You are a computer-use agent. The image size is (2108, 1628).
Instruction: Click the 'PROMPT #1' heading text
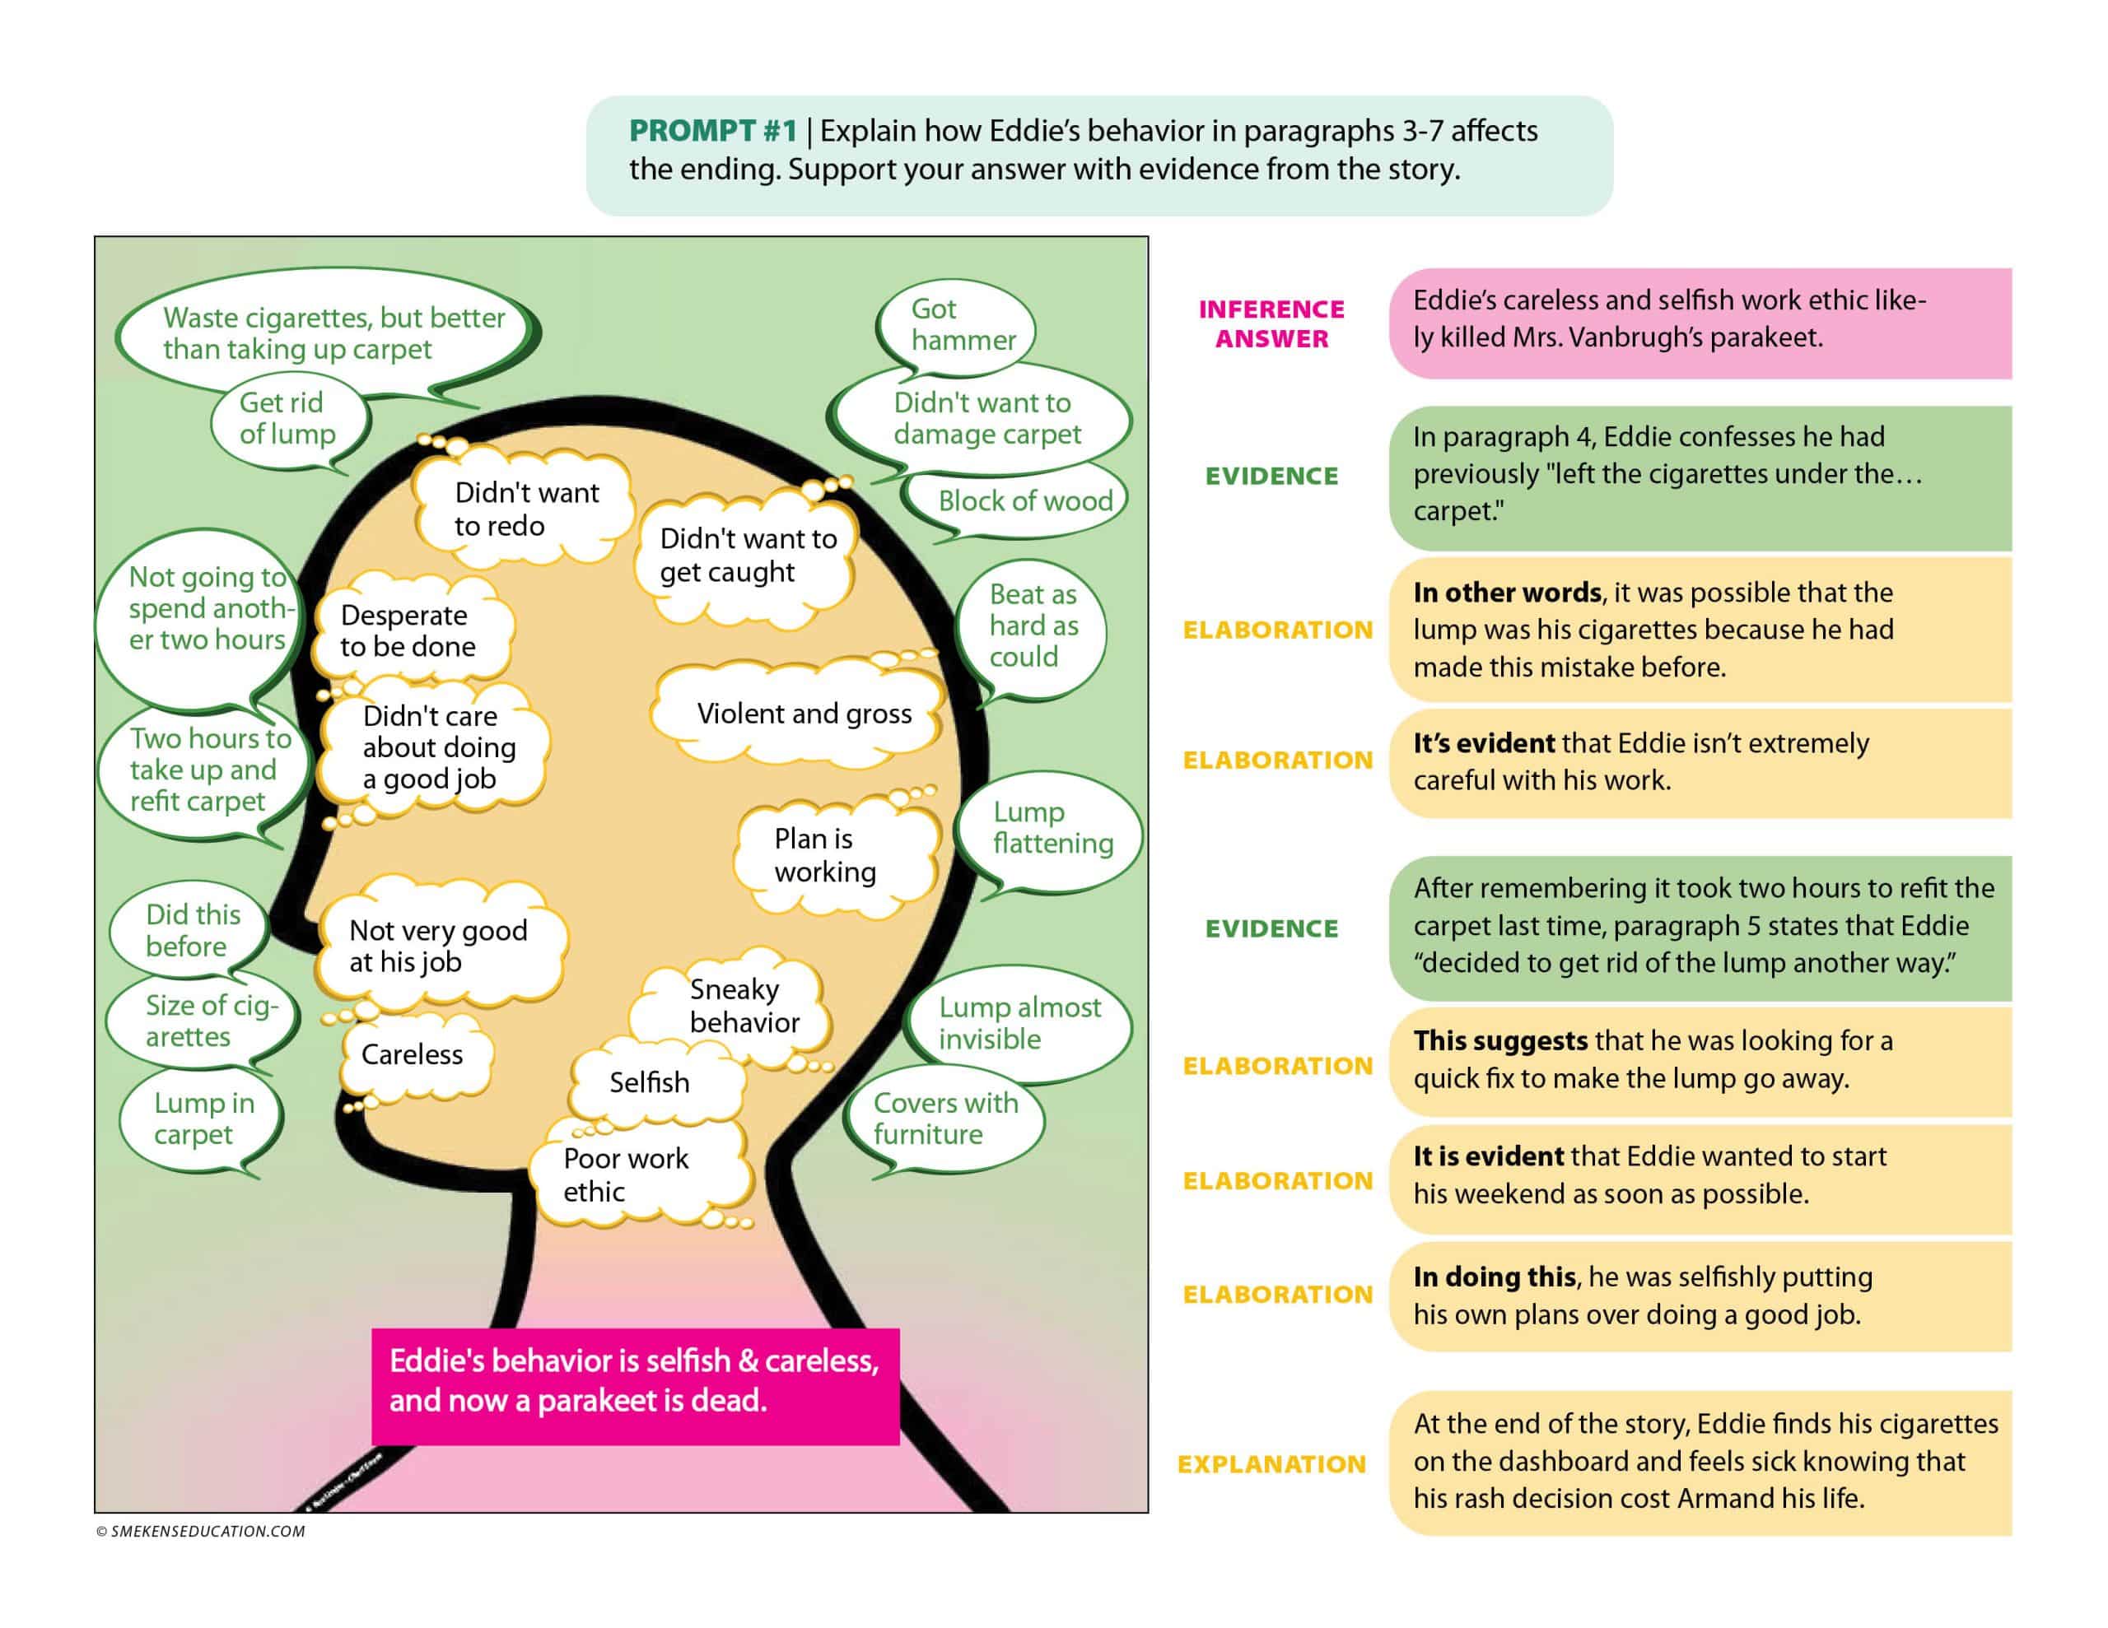pos(712,130)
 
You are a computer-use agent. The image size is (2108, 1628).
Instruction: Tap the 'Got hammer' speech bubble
pos(957,325)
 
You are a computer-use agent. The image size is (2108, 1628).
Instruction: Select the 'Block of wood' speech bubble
pos(1023,501)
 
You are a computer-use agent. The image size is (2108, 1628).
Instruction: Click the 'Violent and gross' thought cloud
pos(803,714)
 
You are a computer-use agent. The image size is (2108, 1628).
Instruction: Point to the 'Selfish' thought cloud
pos(649,1083)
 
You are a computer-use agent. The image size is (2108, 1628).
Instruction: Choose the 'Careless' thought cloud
pos(413,1055)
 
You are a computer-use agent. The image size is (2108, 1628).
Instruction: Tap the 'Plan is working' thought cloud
pos(825,855)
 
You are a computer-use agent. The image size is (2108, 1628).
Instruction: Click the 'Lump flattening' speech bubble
pos(1050,828)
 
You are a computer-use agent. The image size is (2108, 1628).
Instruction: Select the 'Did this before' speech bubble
pos(191,930)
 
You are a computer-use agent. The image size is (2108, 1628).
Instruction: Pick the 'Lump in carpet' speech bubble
pos(203,1119)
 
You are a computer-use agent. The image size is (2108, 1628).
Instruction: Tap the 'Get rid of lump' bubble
pos(287,419)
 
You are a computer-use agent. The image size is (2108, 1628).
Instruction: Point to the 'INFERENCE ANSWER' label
pos(1271,323)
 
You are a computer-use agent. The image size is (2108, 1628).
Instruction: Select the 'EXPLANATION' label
pos(1271,1464)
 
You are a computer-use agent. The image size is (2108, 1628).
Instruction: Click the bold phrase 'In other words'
pos(1506,593)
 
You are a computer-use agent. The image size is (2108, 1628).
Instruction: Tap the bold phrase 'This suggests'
pos(1499,1040)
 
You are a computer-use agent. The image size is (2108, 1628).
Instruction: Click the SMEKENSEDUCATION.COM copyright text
pos(201,1532)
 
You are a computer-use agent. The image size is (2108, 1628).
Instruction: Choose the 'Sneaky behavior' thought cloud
pos(744,1006)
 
